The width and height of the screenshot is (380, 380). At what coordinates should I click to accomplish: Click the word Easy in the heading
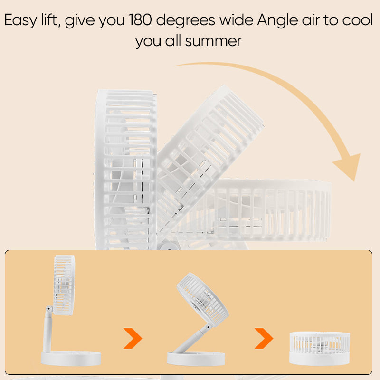pos(20,20)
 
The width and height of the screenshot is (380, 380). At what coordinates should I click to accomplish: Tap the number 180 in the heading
pos(140,19)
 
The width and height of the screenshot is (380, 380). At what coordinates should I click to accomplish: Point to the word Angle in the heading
pos(277,20)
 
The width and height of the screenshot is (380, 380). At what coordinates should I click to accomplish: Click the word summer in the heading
pos(213,41)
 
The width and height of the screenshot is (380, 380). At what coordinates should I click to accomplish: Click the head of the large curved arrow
pos(349,166)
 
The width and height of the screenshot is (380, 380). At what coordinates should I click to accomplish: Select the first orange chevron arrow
pos(133,338)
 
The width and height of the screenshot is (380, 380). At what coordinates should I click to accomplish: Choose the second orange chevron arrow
pos(264,338)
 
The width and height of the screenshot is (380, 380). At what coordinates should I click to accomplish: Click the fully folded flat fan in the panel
pos(320,348)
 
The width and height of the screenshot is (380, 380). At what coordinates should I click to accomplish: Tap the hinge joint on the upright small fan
pos(49,309)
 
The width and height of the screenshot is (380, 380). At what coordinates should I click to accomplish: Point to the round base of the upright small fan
pos(71,358)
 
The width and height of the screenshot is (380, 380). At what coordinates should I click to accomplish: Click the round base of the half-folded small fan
pos(196,359)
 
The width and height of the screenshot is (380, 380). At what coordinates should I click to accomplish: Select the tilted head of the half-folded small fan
pos(203,300)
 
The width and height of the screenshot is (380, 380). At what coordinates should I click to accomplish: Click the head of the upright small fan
pos(64,285)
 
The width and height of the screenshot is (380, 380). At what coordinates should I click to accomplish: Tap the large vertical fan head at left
pos(125,170)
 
